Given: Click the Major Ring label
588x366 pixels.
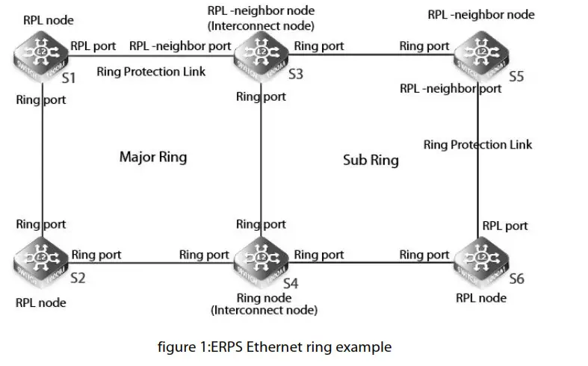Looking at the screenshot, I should [152, 158].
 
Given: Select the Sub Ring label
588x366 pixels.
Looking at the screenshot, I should [371, 160].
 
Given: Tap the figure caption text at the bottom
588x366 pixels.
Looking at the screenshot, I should [274, 347].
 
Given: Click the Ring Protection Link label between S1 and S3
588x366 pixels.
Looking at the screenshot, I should [151, 72].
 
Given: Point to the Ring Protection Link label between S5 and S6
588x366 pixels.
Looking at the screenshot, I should [477, 144].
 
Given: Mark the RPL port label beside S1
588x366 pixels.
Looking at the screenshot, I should [93, 46].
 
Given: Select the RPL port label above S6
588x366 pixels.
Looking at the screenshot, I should [505, 226].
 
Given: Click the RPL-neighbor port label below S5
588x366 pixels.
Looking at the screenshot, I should [451, 89].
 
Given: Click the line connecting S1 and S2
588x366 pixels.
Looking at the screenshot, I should [43, 161].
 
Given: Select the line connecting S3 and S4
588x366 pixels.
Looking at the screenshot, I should [262, 161].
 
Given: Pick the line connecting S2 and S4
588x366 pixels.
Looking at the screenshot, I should [149, 261].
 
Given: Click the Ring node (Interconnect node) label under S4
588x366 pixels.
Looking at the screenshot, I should [264, 304].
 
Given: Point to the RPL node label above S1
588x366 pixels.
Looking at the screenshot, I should [48, 20].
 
